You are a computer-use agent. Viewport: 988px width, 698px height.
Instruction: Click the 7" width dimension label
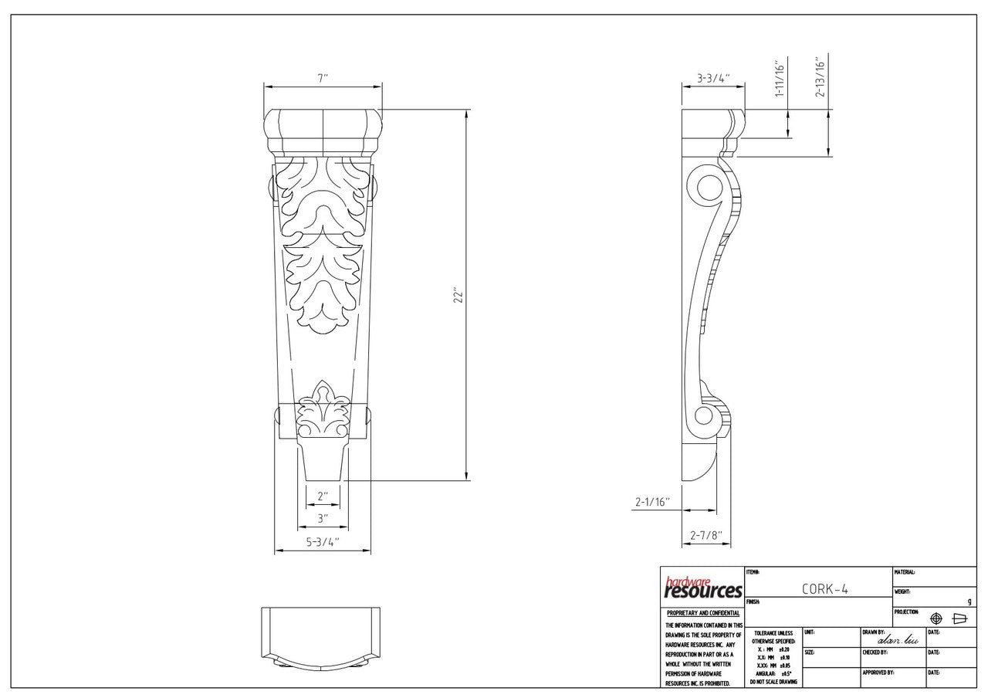323,78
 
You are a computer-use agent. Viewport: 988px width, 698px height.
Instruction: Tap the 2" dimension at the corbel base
323,496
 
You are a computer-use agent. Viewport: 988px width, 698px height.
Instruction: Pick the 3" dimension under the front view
323,518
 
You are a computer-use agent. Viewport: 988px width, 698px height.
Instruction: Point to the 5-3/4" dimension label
323,542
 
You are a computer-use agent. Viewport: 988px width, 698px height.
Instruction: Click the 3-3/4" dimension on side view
713,78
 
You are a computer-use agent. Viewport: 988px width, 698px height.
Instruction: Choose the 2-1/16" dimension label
652,502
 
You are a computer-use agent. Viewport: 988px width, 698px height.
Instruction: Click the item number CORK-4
825,588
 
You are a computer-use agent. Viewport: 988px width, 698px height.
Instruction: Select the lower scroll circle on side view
704,417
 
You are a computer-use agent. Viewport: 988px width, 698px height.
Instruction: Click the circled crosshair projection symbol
936,618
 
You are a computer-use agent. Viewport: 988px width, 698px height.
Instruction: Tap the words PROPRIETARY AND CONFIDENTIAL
702,613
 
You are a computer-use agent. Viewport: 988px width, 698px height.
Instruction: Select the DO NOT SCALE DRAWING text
773,682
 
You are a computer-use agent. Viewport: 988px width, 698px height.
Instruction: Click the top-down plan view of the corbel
323,635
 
